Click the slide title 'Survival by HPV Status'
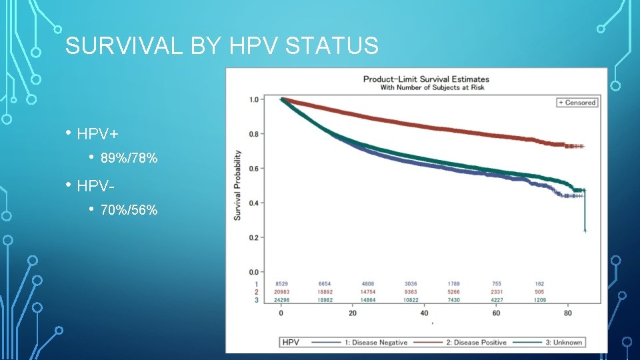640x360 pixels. point(222,46)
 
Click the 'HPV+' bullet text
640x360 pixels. point(97,134)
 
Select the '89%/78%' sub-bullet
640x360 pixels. point(129,159)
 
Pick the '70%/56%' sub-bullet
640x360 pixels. point(129,211)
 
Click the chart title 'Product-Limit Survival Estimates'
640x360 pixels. point(426,79)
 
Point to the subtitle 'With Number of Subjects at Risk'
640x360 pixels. point(432,87)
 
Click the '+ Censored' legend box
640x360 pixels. point(577,103)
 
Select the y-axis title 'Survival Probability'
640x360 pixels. point(237,185)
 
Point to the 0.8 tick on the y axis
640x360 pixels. point(254,134)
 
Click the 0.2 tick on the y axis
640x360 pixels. point(254,237)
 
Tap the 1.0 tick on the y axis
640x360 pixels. point(254,100)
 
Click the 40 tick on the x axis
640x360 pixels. point(424,313)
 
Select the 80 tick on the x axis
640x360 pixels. point(567,313)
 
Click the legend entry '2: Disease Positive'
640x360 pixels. point(476,343)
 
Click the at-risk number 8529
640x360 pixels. point(282,284)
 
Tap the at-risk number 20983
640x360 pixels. point(282,292)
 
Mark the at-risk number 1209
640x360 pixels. point(539,300)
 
